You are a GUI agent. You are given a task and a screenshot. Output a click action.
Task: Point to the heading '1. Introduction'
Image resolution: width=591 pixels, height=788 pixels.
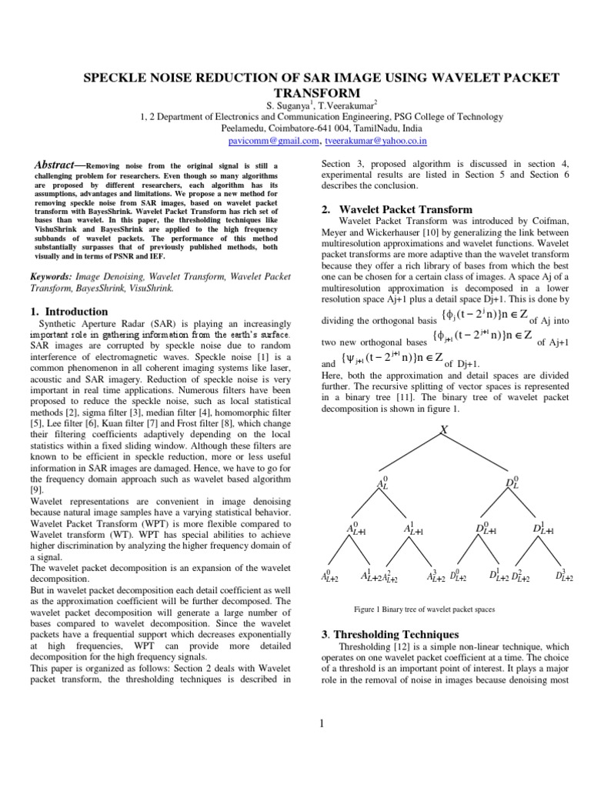pyautogui.click(x=68, y=312)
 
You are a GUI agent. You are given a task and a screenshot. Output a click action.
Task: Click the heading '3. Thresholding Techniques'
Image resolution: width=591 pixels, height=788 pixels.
pyautogui.click(x=389, y=634)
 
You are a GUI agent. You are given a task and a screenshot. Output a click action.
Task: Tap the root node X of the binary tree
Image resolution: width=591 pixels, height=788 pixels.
pyautogui.click(x=444, y=431)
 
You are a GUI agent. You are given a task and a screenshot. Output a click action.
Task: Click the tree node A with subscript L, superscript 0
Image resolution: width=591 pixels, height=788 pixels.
pyautogui.click(x=382, y=483)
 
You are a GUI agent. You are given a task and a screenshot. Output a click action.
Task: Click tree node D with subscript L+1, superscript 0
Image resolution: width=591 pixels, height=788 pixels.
pyautogui.click(x=485, y=529)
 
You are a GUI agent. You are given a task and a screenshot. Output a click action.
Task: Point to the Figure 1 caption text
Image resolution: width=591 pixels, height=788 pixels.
pyautogui.click(x=424, y=609)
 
